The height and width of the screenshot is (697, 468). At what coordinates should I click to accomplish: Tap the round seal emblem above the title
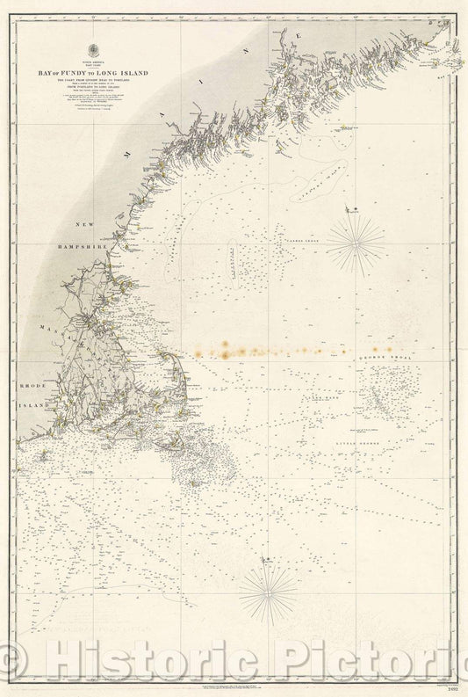98,48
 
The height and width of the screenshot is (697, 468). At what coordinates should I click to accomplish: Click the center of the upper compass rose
356,243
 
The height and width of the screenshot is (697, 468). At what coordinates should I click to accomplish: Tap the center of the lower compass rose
270,591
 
